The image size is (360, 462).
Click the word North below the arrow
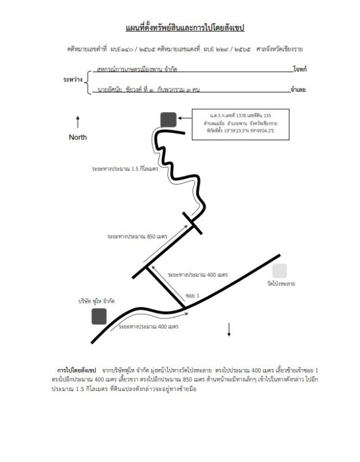(78, 137)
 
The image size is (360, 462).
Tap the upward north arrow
(78, 122)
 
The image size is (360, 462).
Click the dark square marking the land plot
(168, 119)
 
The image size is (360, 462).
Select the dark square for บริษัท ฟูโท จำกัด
(99, 316)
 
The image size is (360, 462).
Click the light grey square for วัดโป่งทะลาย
(279, 270)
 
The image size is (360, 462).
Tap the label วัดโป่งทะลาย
(281, 284)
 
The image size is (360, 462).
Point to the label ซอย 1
(192, 296)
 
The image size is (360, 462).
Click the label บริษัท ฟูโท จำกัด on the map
(96, 301)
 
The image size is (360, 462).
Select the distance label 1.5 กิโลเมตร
(125, 169)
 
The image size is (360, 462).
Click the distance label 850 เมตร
(137, 237)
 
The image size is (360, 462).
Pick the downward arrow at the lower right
(229, 329)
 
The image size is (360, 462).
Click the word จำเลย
(299, 91)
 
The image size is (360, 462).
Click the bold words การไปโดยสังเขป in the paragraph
(77, 369)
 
